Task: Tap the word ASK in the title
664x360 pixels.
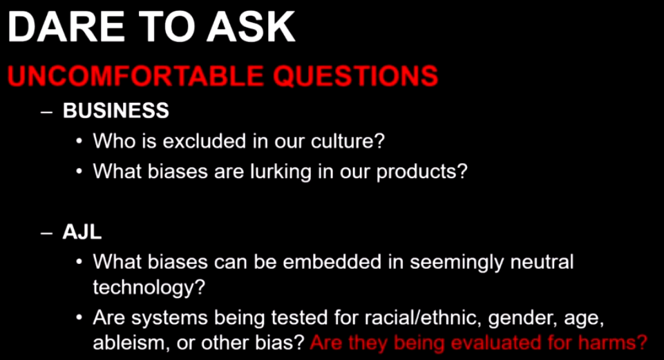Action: pos(251,27)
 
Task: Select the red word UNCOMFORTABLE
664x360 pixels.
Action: pos(135,76)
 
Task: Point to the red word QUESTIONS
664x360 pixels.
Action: pos(355,76)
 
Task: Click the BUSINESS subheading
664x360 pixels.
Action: pos(116,111)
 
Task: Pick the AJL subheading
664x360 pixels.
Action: pos(82,231)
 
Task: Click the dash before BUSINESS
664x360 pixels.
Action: pos(46,113)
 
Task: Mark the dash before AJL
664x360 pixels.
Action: pos(46,234)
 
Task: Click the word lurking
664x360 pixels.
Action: pos(275,172)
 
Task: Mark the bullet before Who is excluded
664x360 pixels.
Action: pos(79,142)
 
